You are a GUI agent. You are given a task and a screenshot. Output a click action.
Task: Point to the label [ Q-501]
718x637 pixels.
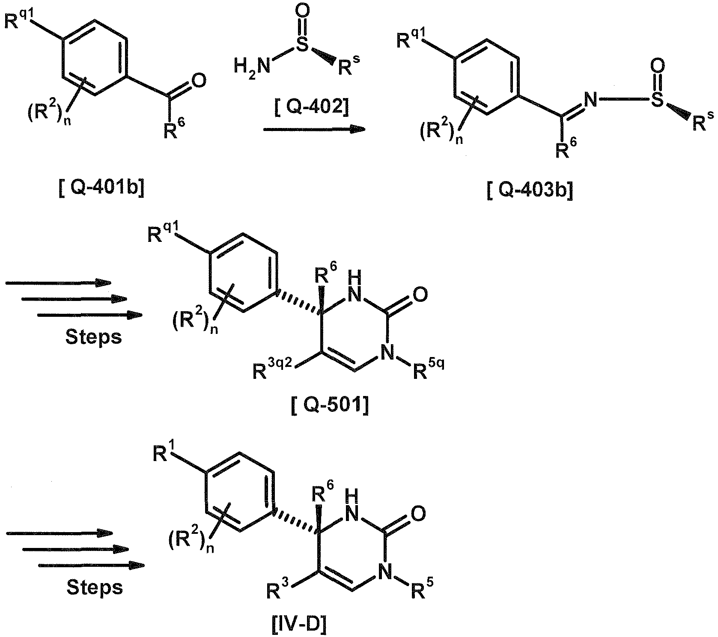330,405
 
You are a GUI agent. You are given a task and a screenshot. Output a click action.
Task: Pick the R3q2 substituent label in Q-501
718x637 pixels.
272,369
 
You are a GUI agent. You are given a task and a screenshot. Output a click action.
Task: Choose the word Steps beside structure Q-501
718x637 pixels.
94,337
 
